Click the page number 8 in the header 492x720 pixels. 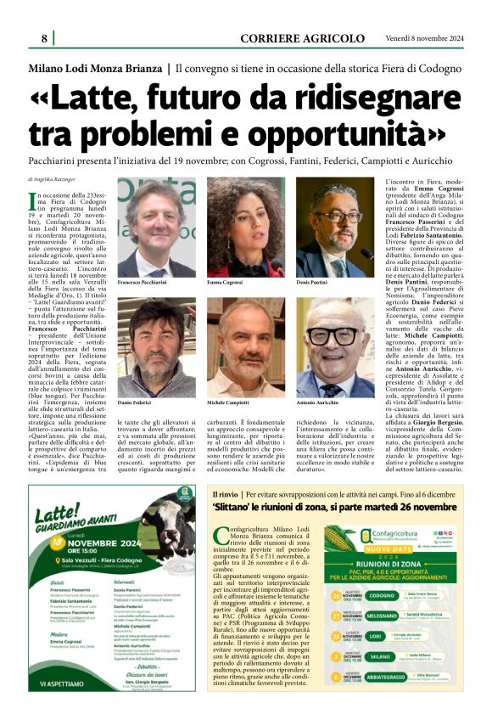click(x=43, y=38)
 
